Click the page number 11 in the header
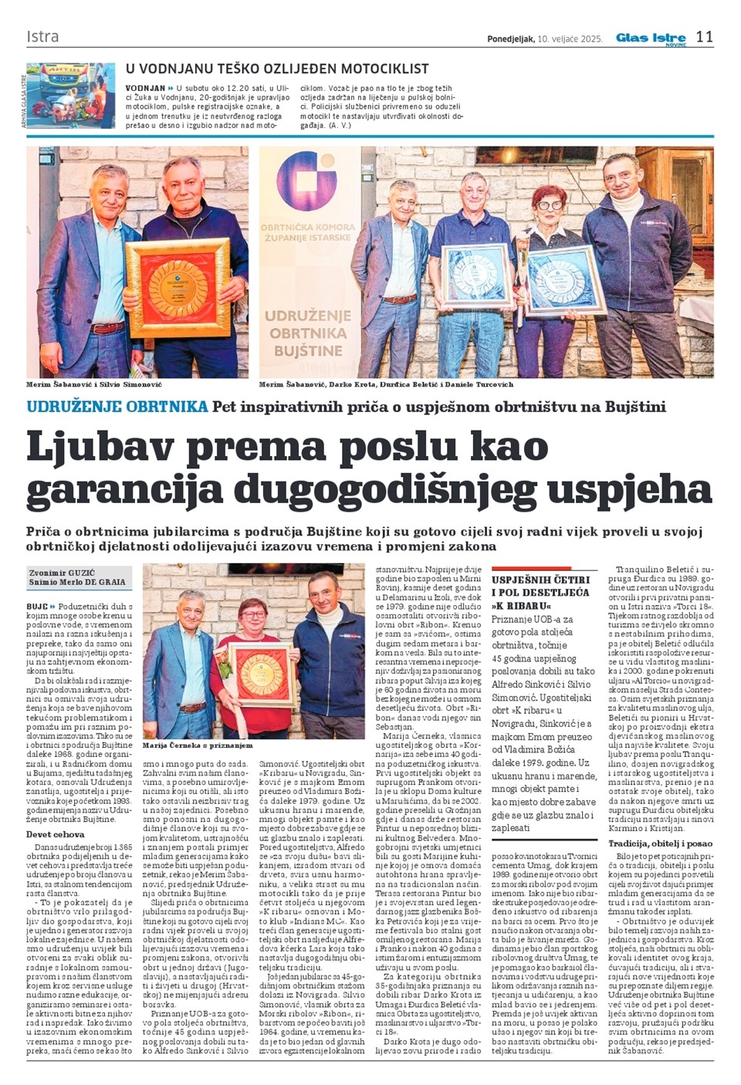click(704, 37)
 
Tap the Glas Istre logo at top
click(651, 38)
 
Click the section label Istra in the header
click(42, 37)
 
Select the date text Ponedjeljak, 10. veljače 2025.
click(545, 39)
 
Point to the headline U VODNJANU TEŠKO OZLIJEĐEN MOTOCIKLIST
click(277, 69)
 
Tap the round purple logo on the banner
click(306, 183)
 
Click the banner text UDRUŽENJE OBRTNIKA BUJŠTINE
click(308, 333)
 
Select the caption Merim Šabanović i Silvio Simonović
click(94, 384)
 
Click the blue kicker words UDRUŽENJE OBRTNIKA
click(117, 406)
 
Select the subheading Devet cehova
click(56, 834)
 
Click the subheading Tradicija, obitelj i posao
click(660, 843)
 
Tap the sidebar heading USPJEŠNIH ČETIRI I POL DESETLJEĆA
click(540, 592)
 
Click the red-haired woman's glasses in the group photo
click(549, 205)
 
